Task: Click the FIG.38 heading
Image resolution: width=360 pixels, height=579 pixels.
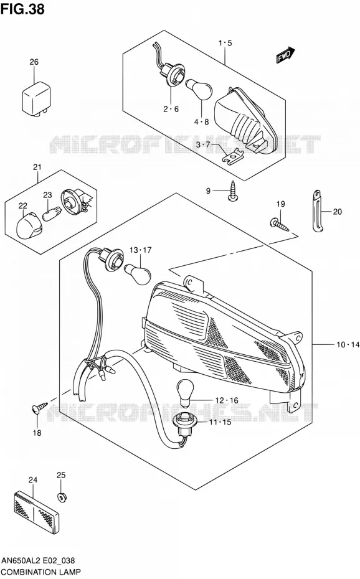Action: click(x=23, y=9)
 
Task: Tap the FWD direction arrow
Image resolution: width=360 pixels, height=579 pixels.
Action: click(x=285, y=55)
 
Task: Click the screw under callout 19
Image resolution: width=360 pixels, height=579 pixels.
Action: click(x=280, y=225)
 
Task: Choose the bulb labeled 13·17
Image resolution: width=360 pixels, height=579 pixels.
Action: click(x=138, y=274)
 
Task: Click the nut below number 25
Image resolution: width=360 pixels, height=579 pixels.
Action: click(x=62, y=496)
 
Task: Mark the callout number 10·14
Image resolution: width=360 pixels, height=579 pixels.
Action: click(x=348, y=345)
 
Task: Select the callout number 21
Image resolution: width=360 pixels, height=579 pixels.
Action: click(x=37, y=167)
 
